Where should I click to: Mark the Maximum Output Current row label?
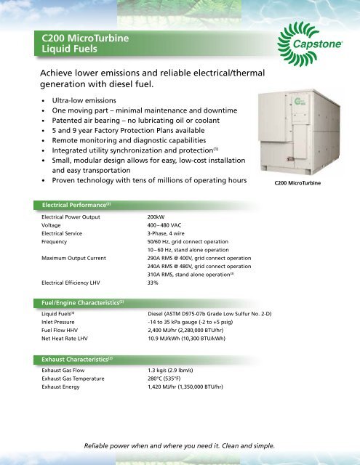(76, 257)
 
